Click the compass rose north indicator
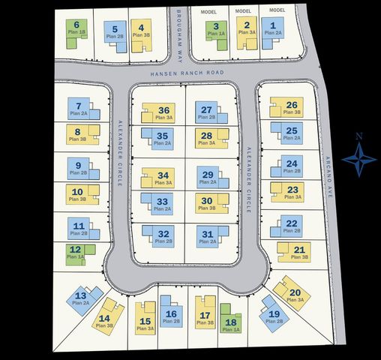click(359, 157)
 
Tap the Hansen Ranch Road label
click(187, 73)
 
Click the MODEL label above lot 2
click(244, 11)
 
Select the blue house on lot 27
click(207, 113)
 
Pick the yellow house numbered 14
click(106, 314)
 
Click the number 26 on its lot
click(292, 105)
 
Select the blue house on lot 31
click(208, 237)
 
